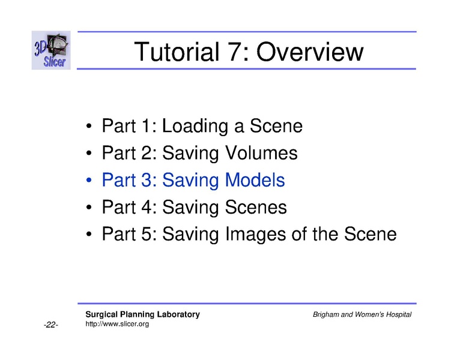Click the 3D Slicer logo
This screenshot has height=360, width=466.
tap(51, 50)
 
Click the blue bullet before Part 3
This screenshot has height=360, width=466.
tap(89, 181)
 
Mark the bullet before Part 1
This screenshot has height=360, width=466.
tap(89, 127)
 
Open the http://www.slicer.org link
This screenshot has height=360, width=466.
tap(117, 324)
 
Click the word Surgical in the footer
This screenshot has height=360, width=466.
tap(101, 315)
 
